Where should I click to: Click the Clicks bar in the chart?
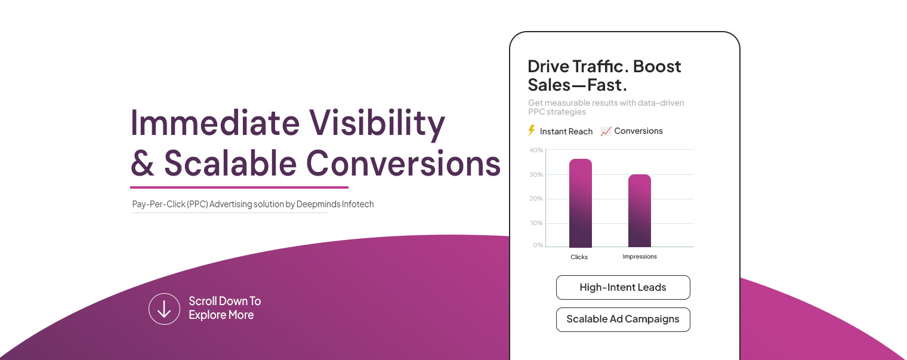click(580, 203)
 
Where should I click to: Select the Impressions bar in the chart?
click(639, 211)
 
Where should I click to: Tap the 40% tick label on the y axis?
click(536, 150)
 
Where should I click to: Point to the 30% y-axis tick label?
click(536, 175)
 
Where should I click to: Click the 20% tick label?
click(536, 199)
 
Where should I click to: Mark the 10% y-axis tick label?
click(536, 223)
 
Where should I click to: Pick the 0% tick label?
click(538, 245)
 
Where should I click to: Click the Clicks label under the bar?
click(579, 257)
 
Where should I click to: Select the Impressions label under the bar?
click(639, 257)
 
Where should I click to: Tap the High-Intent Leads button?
click(622, 287)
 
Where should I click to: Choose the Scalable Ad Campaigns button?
click(622, 319)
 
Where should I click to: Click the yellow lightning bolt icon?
click(532, 131)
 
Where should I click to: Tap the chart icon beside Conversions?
click(606, 131)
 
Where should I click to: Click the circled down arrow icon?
click(164, 309)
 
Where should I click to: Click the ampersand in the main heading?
click(142, 163)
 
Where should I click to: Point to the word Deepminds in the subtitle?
click(318, 204)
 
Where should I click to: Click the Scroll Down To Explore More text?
click(224, 308)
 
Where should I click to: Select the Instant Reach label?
click(566, 131)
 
